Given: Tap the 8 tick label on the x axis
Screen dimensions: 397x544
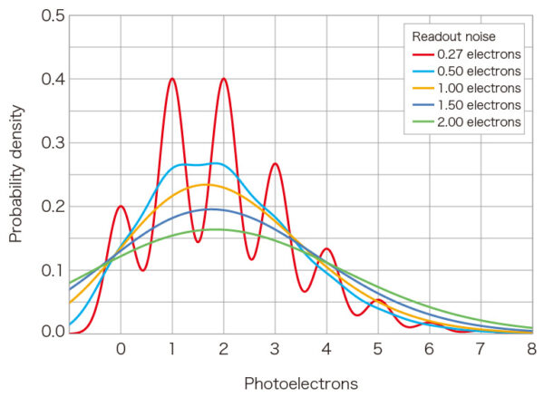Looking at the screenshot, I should [x=532, y=349].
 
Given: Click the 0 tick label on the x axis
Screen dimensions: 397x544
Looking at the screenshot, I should [x=121, y=349].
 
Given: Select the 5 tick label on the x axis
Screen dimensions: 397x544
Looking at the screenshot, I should [x=378, y=349].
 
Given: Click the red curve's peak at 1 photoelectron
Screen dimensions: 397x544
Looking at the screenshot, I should [x=171, y=79].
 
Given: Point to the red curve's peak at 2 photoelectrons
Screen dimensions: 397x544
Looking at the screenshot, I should [x=223, y=79].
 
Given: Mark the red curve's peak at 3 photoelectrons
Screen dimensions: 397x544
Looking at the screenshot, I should [x=275, y=164].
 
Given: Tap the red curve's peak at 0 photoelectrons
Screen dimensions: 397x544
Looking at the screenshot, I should [x=121, y=206].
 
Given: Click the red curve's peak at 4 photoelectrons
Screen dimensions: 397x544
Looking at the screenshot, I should [x=326, y=248].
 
